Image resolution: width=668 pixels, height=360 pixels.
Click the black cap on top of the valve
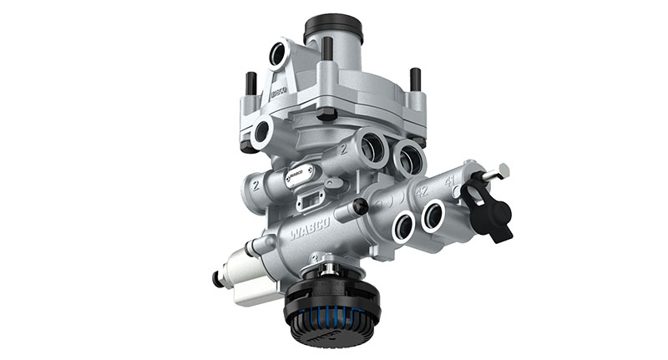(335, 28)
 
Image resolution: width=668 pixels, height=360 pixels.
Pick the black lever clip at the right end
(488, 210)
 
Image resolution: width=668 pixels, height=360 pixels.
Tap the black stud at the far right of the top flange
(415, 79)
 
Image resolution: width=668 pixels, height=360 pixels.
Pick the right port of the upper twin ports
(408, 156)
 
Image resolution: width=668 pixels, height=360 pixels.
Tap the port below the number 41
(433, 215)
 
